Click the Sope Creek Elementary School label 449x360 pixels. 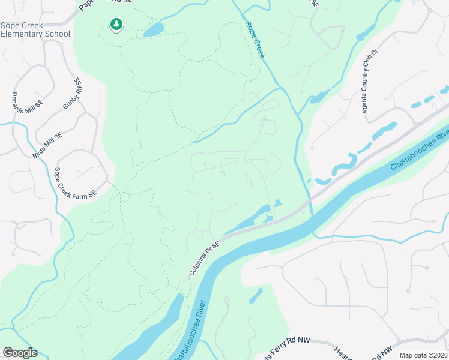[x=35, y=29]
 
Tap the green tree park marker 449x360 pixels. [x=116, y=25]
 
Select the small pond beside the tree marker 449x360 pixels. [x=154, y=29]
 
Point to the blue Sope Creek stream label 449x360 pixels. [x=255, y=40]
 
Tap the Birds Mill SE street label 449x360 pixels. [x=47, y=144]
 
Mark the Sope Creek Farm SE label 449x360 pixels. [x=75, y=182]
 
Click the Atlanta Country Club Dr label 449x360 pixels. [x=369, y=82]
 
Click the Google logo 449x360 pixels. [x=20, y=353]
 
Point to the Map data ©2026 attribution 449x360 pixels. [x=423, y=355]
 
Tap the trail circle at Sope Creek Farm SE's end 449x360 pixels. [x=124, y=197]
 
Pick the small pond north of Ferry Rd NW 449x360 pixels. [x=255, y=295]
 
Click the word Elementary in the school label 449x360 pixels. [x=24, y=34]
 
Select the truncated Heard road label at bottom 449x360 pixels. [x=342, y=352]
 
